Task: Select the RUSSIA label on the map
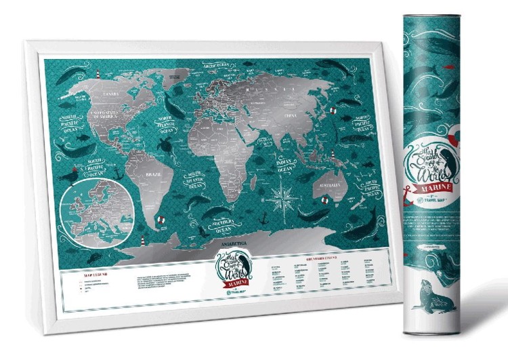(261, 89)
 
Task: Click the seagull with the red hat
(71, 175)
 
